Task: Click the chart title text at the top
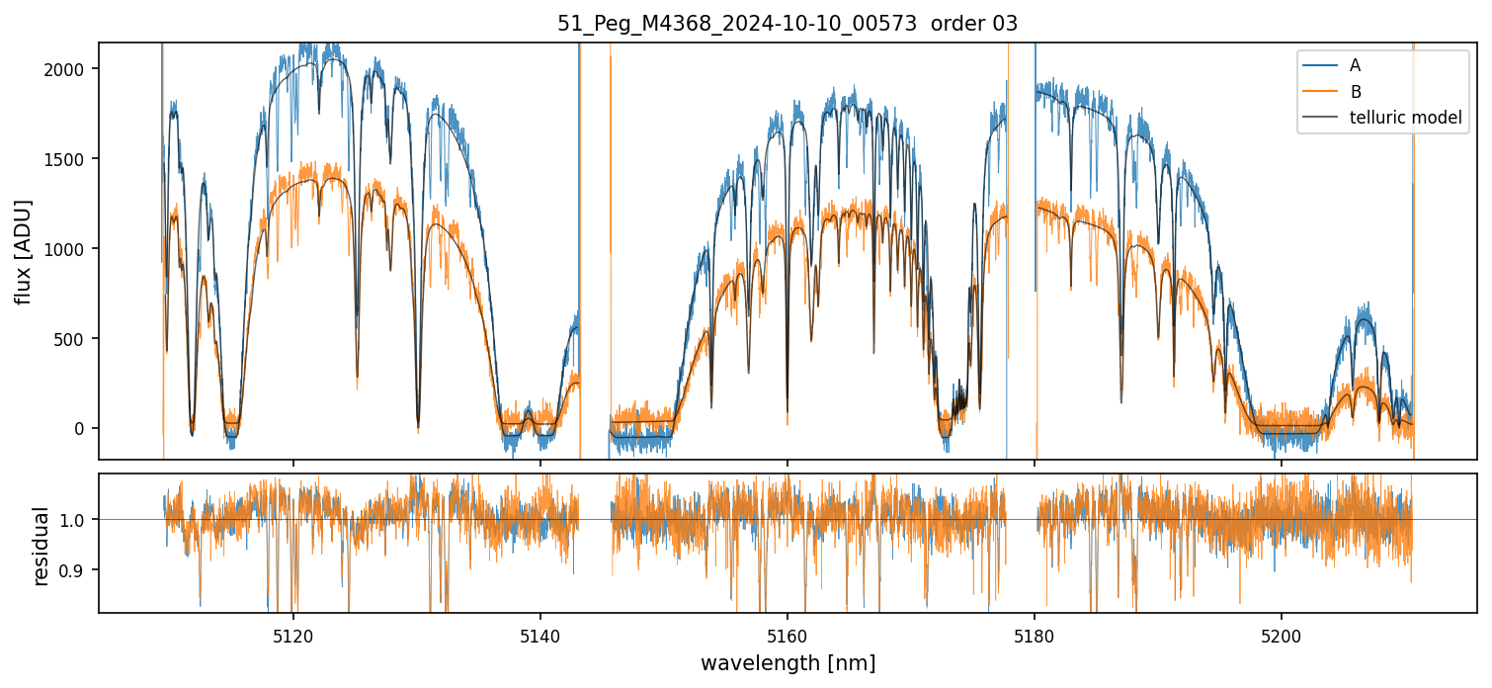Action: coord(787,24)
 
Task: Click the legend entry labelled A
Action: coord(1356,65)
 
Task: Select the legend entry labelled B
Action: coord(1356,92)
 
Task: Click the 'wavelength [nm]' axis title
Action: coord(787,662)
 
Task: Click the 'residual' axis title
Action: coord(41,546)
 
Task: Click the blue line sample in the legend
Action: coord(1319,65)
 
